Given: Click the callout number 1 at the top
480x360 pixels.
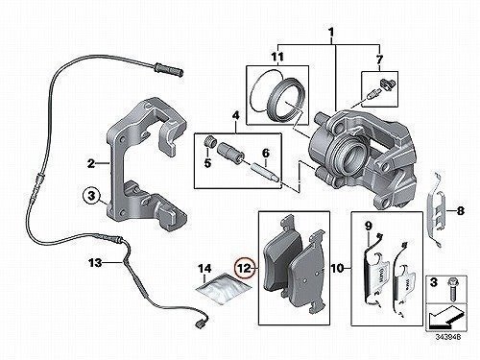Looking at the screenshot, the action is click(331, 33).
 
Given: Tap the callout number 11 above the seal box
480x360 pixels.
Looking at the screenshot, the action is click(277, 58).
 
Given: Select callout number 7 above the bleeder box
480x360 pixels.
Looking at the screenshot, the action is click(379, 60).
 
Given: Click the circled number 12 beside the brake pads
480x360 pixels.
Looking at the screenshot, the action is click(245, 268).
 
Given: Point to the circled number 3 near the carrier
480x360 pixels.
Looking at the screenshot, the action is click(91, 195).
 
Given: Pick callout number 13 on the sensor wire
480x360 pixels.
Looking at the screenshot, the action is click(96, 263).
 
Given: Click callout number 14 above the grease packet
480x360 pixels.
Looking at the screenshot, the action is click(204, 269).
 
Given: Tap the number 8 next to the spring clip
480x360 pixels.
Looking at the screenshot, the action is click(460, 211).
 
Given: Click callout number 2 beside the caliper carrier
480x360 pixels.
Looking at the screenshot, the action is click(91, 164).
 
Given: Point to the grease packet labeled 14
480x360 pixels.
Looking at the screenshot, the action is click(225, 286).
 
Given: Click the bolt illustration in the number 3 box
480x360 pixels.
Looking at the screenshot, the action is click(452, 290).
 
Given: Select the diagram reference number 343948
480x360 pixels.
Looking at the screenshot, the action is click(448, 337).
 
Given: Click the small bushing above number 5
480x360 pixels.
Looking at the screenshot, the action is click(209, 142).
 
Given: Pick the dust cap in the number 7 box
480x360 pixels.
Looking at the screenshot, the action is click(388, 84).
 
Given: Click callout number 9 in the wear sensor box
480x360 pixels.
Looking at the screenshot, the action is click(368, 227).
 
